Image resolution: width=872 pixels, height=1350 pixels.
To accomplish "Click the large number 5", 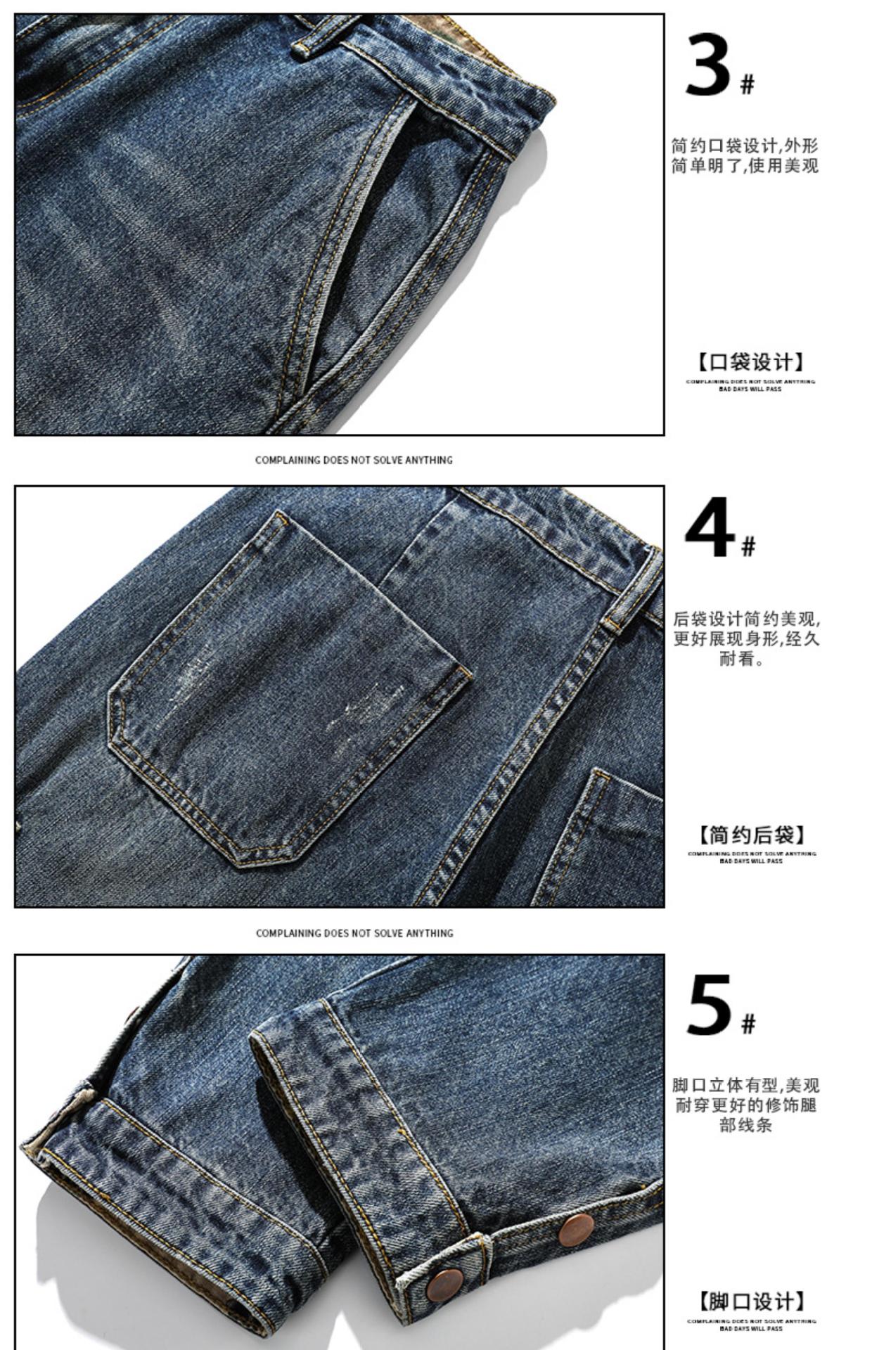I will click(710, 1005).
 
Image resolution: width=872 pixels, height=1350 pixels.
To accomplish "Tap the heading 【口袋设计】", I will click(750, 363).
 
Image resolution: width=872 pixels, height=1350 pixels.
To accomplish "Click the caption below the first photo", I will click(354, 460).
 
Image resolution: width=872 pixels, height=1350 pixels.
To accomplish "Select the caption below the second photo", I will click(354, 933).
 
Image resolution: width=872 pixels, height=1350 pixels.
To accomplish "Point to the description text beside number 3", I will click(745, 156).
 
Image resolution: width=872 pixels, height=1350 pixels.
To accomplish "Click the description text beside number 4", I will click(745, 638).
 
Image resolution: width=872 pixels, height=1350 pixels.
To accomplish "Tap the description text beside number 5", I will click(745, 1105).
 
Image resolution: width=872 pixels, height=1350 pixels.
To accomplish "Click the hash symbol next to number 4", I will click(748, 546).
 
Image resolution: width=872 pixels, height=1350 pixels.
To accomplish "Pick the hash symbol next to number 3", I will click(747, 85).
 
